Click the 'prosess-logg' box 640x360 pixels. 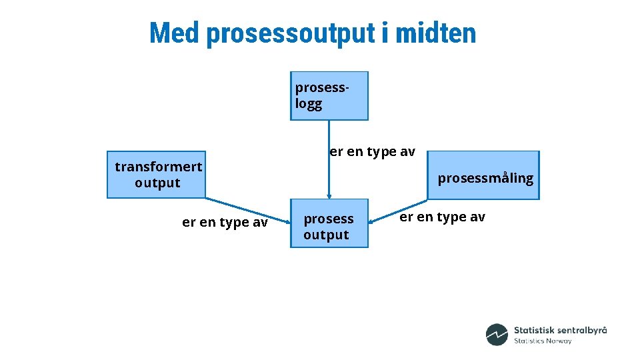(329, 95)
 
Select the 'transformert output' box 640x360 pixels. (157, 174)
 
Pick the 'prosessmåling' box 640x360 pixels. (483, 175)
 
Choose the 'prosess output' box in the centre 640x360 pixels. (329, 223)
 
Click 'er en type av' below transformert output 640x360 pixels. (225, 223)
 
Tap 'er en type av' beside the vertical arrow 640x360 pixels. (372, 152)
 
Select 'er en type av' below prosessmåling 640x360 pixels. (442, 217)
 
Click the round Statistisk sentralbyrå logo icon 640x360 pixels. (497, 335)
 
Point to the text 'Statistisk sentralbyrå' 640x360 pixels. (560, 330)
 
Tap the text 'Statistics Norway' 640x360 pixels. (543, 341)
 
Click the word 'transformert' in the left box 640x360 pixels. (159, 167)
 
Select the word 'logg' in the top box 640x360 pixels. (309, 104)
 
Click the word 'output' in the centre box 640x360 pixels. (326, 235)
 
